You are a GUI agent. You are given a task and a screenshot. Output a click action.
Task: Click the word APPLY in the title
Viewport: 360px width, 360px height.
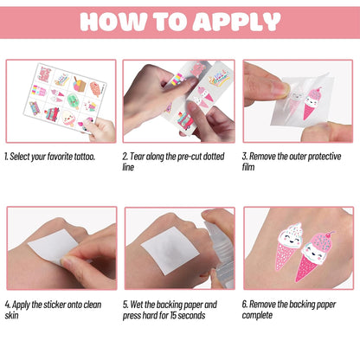[x=236, y=22]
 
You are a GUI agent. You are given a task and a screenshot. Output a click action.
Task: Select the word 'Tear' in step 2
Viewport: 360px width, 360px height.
[x=137, y=157]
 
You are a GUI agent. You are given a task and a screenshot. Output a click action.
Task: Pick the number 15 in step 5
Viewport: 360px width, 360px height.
[x=173, y=315]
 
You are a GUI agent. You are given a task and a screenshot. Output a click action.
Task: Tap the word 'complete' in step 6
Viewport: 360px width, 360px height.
[x=257, y=315]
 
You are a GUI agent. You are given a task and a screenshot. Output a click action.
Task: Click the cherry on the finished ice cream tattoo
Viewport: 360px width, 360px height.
[x=331, y=232]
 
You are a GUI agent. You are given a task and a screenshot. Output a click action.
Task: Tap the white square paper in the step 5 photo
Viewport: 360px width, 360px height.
[x=170, y=250]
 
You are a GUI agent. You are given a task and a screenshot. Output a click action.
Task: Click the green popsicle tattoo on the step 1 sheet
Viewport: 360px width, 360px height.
[x=73, y=101]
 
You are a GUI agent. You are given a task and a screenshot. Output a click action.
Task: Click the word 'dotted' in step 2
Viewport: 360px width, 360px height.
[x=214, y=157]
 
